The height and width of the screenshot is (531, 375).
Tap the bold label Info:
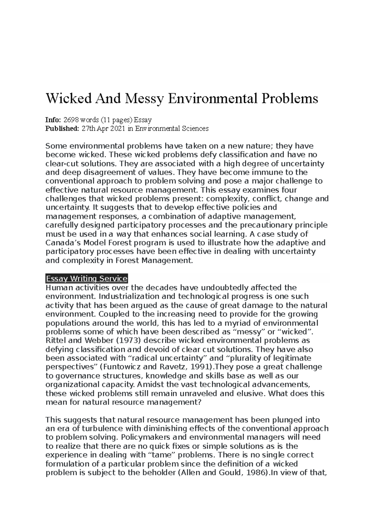[x=53, y=120]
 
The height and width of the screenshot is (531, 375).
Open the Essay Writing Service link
[x=87, y=279]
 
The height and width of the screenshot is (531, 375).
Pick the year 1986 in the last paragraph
[x=255, y=473]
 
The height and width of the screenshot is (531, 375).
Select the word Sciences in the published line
[x=196, y=129]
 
